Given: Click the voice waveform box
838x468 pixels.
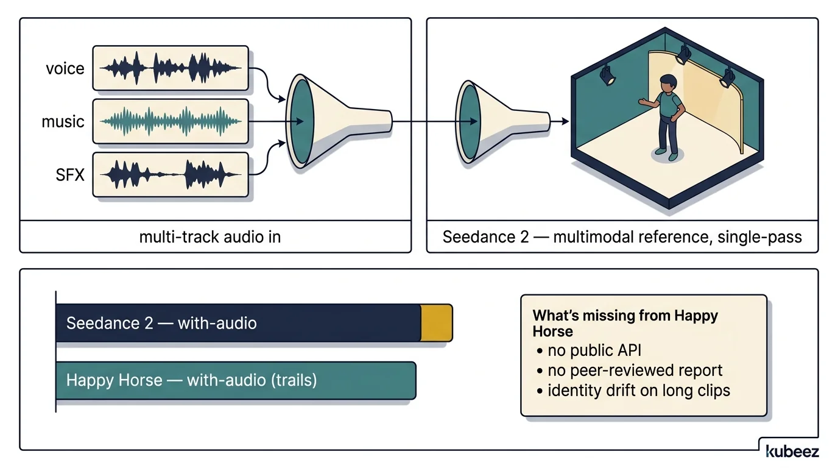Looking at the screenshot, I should [x=171, y=68].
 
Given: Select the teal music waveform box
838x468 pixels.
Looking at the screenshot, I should [x=171, y=121].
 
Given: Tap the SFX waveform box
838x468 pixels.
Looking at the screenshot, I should [x=171, y=175].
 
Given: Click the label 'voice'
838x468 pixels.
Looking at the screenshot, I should [x=65, y=69].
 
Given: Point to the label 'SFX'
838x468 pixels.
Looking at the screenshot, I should [x=70, y=175].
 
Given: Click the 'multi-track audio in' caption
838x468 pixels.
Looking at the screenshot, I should [x=210, y=236].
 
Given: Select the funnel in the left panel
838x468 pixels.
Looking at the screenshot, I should [x=329, y=120].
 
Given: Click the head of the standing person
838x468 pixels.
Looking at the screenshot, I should [x=668, y=82].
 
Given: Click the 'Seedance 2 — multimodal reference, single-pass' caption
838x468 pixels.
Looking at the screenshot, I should [x=622, y=236].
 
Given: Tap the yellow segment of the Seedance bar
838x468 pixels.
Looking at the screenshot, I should [x=437, y=323].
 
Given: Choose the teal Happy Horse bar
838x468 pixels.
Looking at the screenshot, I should [x=235, y=381].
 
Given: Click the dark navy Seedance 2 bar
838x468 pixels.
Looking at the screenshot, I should [x=238, y=323].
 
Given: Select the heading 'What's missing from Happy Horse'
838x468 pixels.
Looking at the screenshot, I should [x=625, y=323].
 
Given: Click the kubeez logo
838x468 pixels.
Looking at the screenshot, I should [x=792, y=451].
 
